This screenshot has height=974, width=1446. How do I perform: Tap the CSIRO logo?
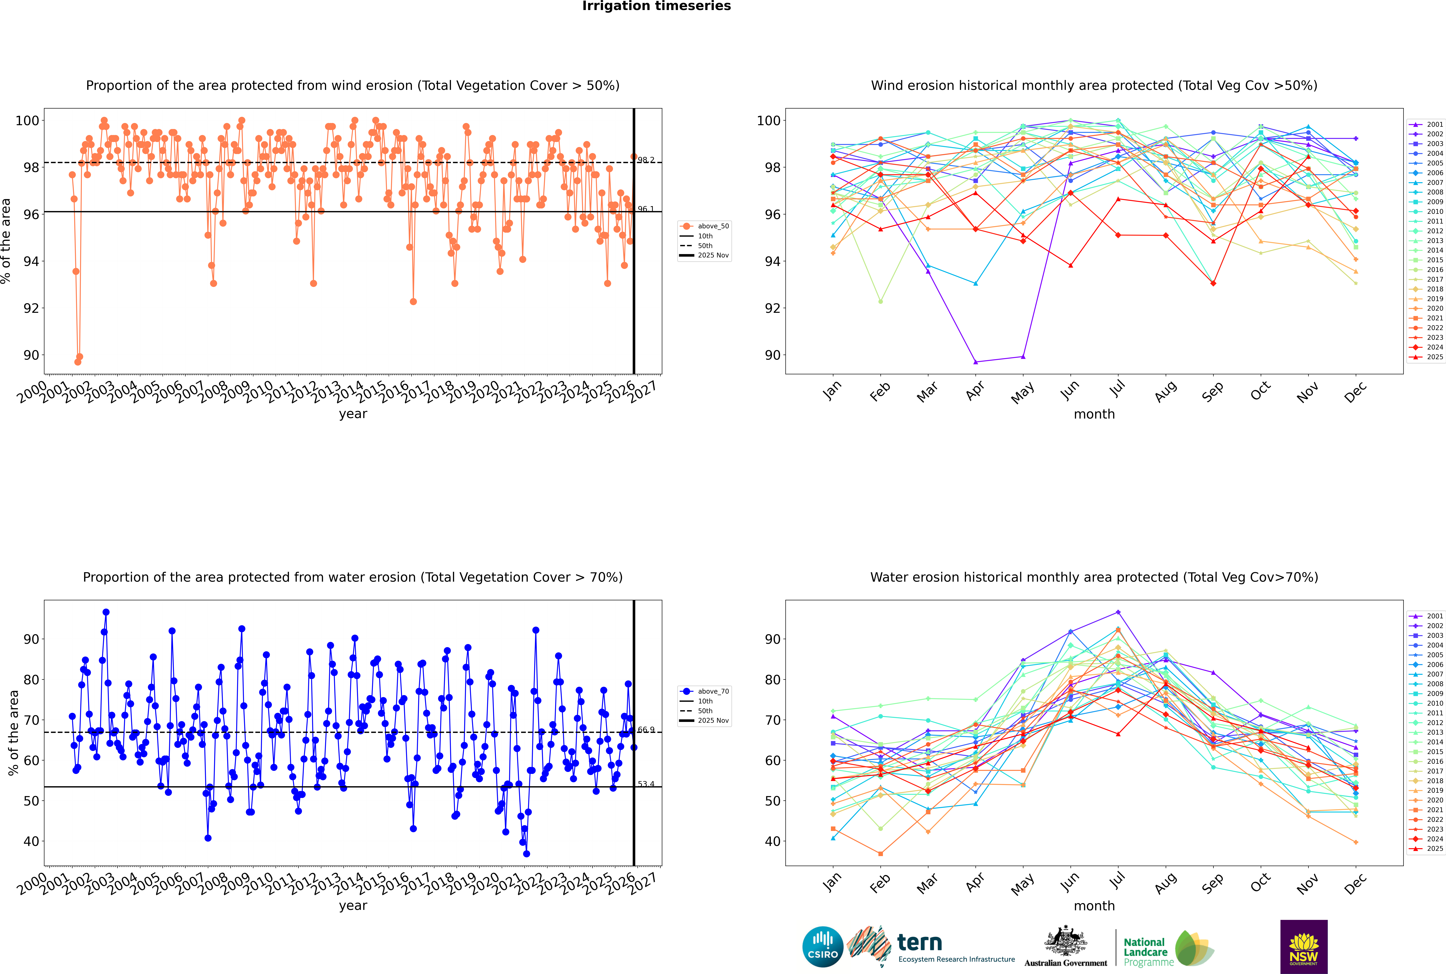pos(822,947)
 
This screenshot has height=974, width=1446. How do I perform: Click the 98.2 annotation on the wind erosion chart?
pos(646,160)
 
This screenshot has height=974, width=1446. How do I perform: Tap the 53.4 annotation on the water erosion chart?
pos(646,784)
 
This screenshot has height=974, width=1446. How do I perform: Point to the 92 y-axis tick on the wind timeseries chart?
pos(31,308)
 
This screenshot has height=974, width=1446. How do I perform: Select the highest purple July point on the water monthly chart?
pos(1118,612)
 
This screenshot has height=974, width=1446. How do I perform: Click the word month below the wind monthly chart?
pos(1094,414)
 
